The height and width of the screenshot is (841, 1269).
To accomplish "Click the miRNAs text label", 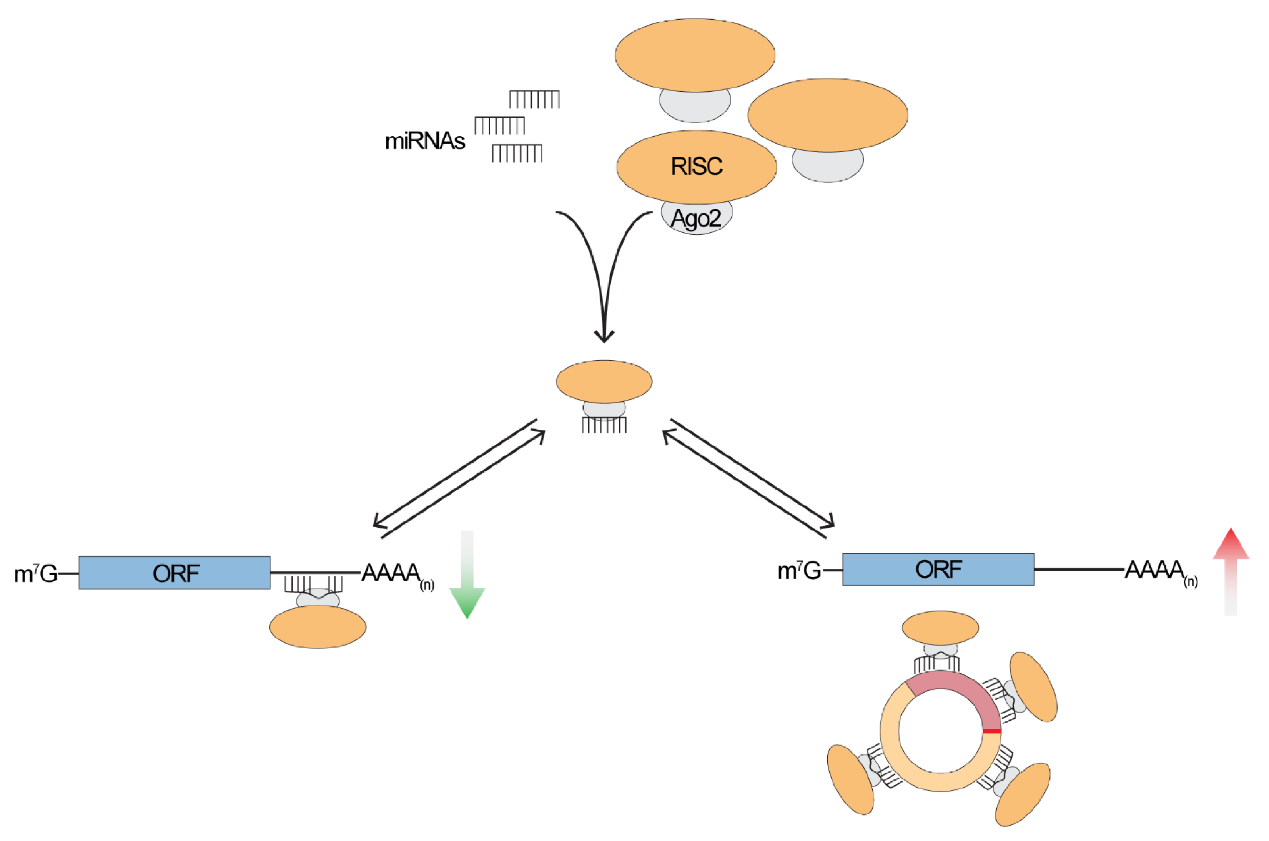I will pos(425,141).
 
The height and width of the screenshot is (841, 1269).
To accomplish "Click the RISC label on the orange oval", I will pos(697,166).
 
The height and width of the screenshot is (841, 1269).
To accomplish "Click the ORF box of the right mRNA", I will pos(938,570).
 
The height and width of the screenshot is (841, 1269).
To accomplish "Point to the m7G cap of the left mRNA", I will pos(35,574).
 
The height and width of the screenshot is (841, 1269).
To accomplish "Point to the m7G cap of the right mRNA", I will pos(799,570).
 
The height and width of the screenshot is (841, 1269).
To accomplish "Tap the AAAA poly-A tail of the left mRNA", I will pos(391,573).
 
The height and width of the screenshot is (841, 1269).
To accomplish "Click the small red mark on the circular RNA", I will pos(992,731).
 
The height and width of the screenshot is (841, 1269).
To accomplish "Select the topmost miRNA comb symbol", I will pos(534,99).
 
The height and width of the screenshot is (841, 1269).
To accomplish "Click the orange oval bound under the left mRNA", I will pos(318,627).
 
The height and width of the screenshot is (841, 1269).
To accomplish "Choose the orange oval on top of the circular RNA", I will pos(940,628).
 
